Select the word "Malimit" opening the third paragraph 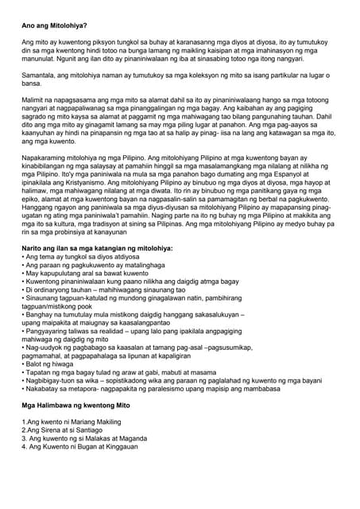35,100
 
